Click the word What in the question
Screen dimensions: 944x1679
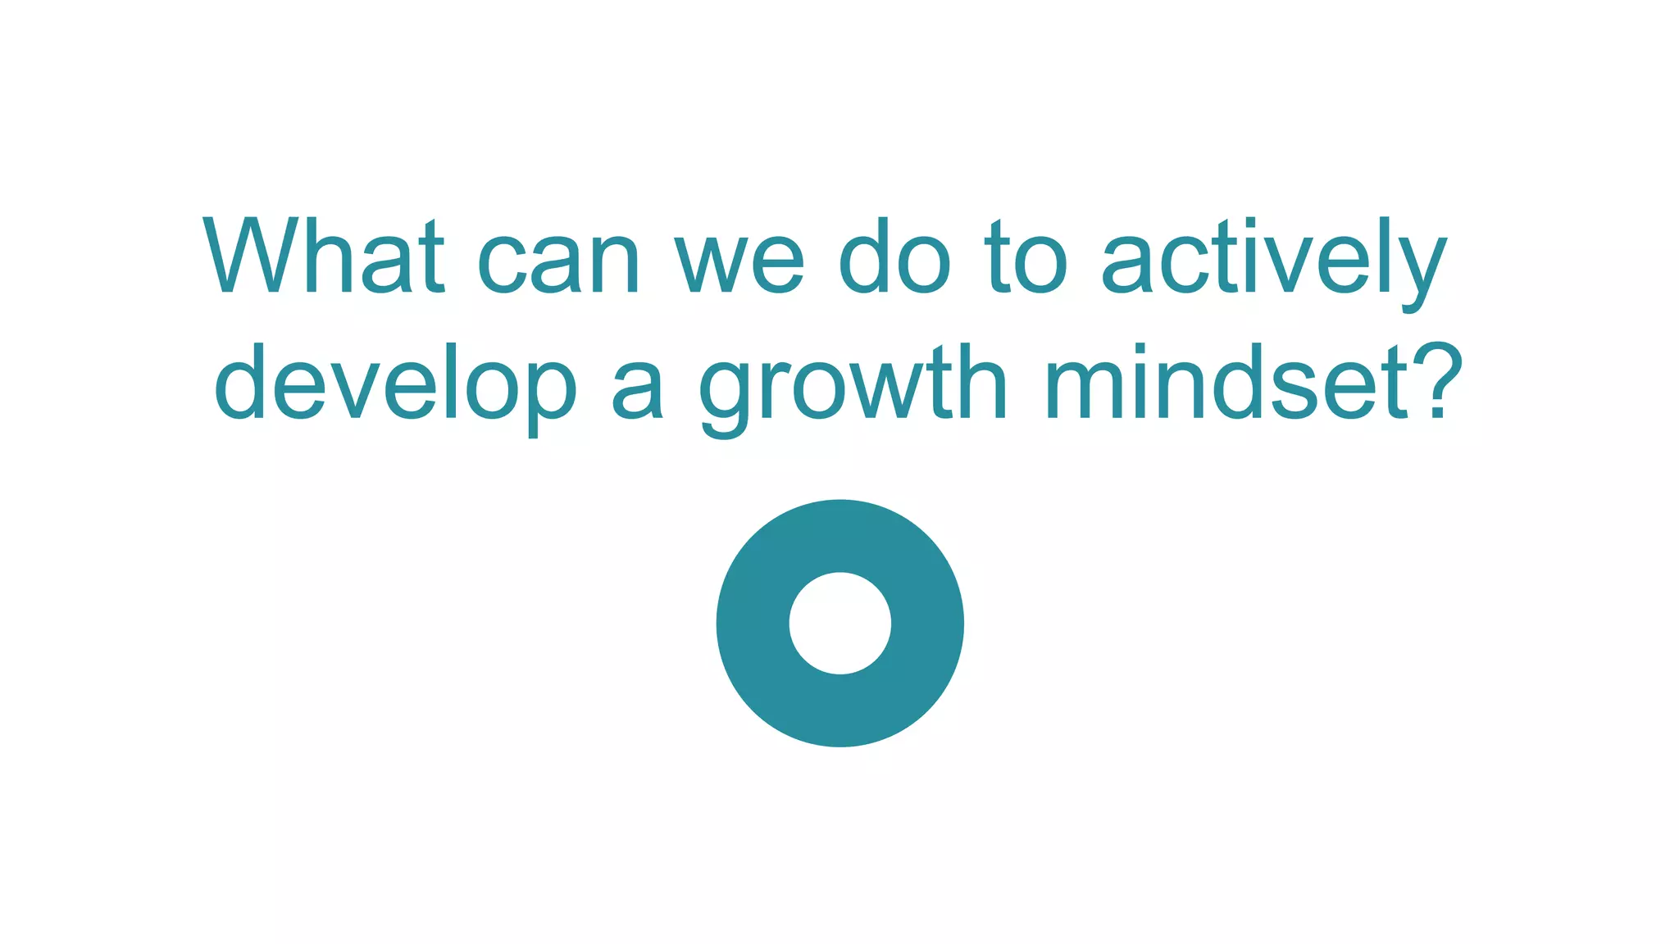click(x=324, y=256)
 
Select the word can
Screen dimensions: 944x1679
click(x=558, y=261)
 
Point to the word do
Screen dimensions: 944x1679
click(x=894, y=256)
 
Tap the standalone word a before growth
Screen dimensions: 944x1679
click(x=636, y=392)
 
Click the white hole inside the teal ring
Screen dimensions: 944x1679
click(x=839, y=624)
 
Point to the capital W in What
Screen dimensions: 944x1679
click(x=244, y=256)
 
